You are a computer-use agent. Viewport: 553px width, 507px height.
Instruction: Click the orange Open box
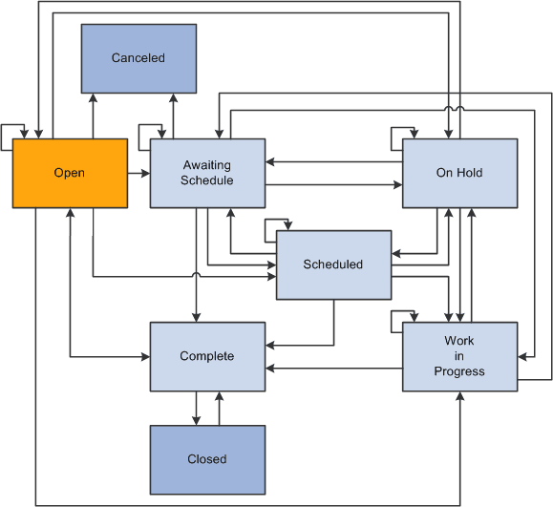pos(70,173)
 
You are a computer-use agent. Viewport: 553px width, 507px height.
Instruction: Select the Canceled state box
pos(138,58)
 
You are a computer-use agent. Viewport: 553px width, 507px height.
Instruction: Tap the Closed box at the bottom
pos(207,459)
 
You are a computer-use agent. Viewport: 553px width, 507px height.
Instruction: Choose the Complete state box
pos(207,356)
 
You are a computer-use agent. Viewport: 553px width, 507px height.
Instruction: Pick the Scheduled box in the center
pos(333,264)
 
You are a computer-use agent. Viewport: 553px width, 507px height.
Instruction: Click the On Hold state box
pos(459,173)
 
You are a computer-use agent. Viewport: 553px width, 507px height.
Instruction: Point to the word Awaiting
pos(207,166)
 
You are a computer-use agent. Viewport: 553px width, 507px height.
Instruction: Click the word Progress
pos(459,371)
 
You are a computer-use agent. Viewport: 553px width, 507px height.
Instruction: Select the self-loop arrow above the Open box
pos(13,130)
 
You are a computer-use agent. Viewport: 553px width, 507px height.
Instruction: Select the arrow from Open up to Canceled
pos(93,116)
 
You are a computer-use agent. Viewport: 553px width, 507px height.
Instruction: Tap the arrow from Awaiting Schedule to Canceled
pos(173,116)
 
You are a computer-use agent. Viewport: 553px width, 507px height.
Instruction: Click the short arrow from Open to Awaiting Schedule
pos(138,173)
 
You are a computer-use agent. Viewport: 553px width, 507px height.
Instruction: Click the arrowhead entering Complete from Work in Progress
pos(270,368)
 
